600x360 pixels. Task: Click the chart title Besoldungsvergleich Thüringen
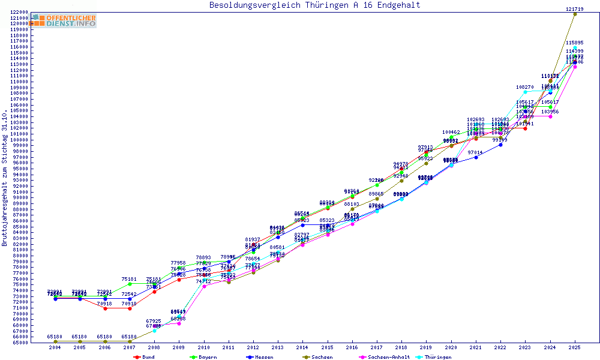[x=314, y=5]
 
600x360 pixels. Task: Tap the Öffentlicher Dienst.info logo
[x=64, y=20]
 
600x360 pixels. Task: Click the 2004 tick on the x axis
[x=55, y=347]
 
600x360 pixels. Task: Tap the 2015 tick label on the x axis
[x=327, y=347]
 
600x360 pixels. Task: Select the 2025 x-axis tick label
[x=574, y=347]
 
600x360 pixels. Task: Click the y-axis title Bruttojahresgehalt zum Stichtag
[x=5, y=178]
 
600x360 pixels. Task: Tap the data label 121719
[x=574, y=9]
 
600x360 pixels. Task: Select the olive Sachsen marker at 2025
[x=575, y=14]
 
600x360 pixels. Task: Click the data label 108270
[x=525, y=88]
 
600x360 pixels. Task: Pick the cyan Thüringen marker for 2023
[x=525, y=92]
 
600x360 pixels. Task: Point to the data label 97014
[x=476, y=153]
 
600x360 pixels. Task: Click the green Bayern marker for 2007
[x=130, y=284]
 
